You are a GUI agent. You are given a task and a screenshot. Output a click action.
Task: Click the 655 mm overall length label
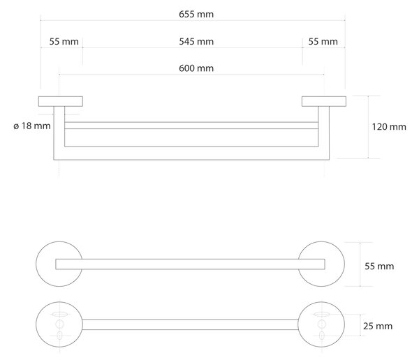[196, 14]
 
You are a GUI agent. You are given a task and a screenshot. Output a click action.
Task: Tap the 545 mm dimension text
[196, 42]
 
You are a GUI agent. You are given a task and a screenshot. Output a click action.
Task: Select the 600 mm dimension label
[196, 68]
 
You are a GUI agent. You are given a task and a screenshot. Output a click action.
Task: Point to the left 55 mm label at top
[64, 42]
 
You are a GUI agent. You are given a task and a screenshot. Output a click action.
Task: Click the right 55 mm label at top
[323, 42]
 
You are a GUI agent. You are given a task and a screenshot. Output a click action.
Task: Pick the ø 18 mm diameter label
[32, 126]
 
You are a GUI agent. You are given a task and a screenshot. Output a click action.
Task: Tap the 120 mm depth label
[389, 126]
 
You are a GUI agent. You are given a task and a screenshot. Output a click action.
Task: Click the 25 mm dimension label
[378, 326]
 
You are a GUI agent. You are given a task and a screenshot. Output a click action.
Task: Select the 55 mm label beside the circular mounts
[379, 267]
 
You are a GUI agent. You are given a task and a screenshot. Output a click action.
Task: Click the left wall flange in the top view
[60, 101]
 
